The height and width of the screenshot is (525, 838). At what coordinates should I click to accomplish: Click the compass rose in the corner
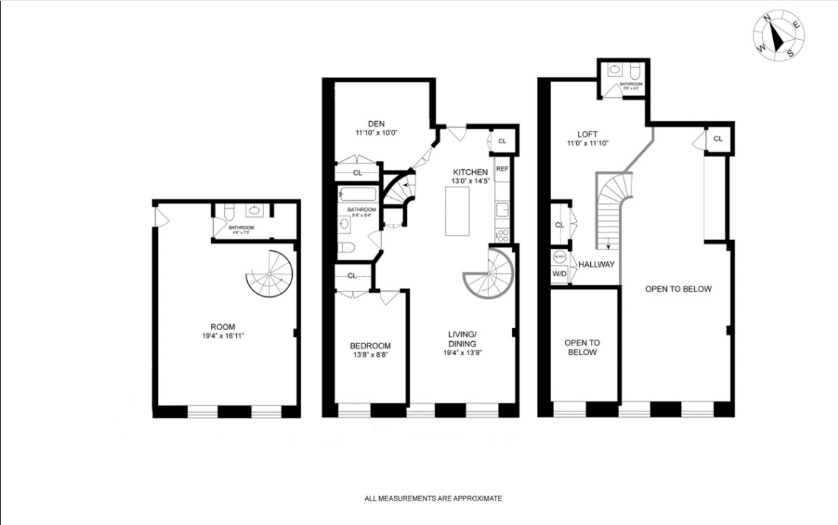coord(779,35)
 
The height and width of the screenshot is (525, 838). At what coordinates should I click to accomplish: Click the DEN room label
coord(376,123)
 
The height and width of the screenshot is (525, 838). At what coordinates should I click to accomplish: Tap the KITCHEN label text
coord(471,172)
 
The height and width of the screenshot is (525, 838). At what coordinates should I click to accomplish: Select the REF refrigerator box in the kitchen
coord(502,169)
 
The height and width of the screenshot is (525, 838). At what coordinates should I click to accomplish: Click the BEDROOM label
coord(370,346)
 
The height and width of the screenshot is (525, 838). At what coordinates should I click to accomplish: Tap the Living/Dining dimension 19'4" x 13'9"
coord(463,352)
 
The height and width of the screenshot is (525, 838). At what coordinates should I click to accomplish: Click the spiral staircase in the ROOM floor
coord(270,274)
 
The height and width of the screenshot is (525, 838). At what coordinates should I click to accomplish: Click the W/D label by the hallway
coord(559,274)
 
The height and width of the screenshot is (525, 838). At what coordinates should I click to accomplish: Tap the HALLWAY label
coord(596,264)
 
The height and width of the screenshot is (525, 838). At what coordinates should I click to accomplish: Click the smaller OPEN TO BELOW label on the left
coord(582,347)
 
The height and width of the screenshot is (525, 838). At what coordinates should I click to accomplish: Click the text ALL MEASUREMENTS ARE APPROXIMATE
coord(433,498)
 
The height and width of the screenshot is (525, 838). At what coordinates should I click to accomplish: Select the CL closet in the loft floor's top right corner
coord(718,139)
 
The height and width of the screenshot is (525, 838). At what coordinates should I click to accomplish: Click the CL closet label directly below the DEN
coord(357,173)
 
